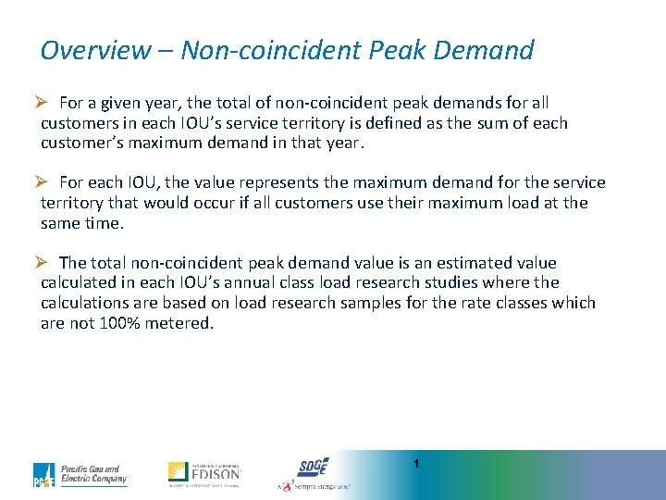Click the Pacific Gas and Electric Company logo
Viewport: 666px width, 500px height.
[80, 474]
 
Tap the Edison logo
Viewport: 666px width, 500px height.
[204, 473]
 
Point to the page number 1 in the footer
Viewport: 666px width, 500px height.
[417, 462]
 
